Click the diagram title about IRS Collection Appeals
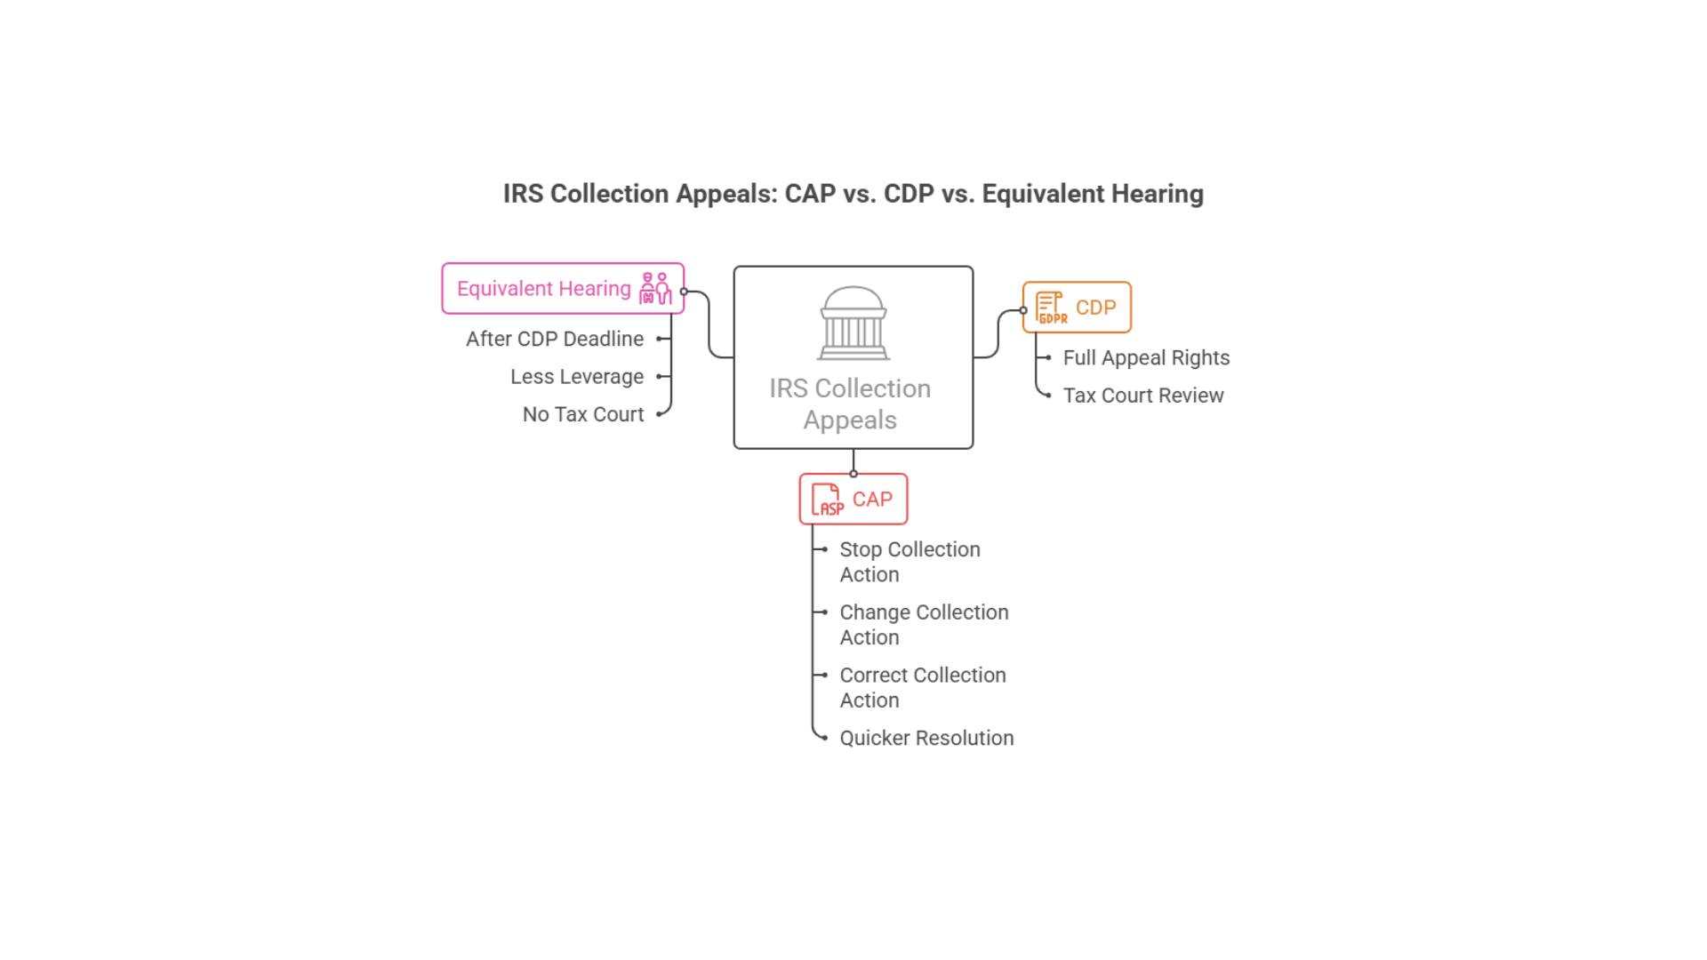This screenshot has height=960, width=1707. [853, 194]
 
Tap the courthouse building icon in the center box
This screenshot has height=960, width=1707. [853, 323]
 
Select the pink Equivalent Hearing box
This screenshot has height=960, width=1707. [543, 289]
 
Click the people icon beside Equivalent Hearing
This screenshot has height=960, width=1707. [655, 289]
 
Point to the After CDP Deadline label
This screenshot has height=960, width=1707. [555, 339]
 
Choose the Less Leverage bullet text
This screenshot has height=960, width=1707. [577, 377]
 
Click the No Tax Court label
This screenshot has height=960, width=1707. [583, 414]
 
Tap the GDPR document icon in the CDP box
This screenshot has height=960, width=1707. [1052, 308]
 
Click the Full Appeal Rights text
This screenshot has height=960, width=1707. [1146, 357]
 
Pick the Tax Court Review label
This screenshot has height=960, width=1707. [1143, 396]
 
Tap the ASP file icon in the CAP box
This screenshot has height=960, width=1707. [828, 500]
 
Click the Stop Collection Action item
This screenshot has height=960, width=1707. [910, 562]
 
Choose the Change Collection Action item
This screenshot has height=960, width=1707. [924, 625]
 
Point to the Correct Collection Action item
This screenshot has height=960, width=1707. [923, 687]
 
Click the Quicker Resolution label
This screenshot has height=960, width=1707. [926, 738]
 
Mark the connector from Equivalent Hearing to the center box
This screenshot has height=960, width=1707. [709, 324]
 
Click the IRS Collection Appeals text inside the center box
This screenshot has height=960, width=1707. [850, 404]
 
